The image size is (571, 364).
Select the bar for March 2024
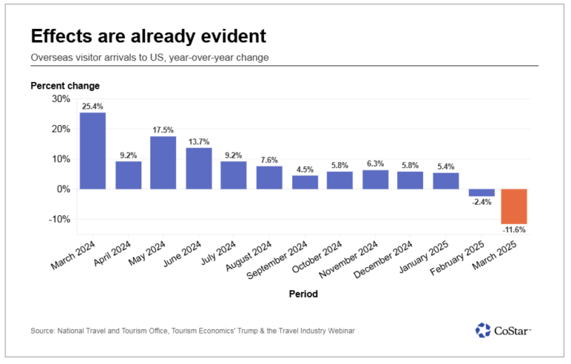(x=92, y=150)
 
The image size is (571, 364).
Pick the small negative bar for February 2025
(x=481, y=193)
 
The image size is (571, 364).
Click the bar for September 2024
(x=304, y=182)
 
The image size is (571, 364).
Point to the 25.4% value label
(x=92, y=106)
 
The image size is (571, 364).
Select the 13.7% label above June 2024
(x=199, y=141)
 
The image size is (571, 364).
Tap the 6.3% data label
(x=375, y=164)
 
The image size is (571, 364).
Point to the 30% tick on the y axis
(x=60, y=99)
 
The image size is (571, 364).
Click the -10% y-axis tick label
(x=59, y=219)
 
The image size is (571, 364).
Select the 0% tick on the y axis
(x=63, y=189)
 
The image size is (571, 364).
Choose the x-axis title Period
(x=303, y=294)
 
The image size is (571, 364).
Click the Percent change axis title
(x=65, y=86)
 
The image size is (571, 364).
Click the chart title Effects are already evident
(x=148, y=36)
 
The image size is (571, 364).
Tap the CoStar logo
(x=503, y=330)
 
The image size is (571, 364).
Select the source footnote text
(x=193, y=331)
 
